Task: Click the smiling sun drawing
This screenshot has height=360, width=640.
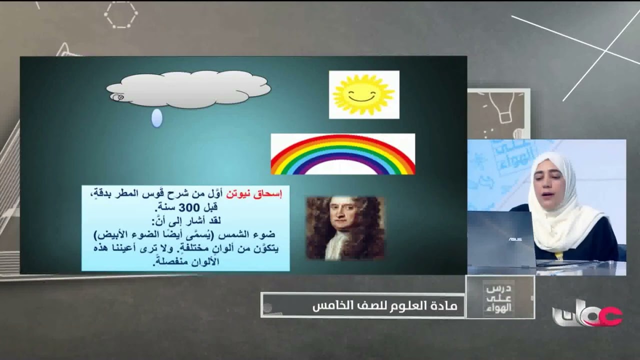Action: point(364,94)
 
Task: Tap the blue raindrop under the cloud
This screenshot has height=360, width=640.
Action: point(156,118)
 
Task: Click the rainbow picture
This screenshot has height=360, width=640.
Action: point(342,154)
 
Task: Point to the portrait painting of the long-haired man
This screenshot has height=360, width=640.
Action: point(345,228)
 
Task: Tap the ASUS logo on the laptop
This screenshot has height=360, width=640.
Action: point(515,239)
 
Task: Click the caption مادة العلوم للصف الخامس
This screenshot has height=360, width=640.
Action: point(385,305)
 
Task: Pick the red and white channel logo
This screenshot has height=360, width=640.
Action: point(587,314)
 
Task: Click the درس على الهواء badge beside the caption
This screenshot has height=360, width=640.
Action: point(499,298)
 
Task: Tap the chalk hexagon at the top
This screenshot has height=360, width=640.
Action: point(120,14)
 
